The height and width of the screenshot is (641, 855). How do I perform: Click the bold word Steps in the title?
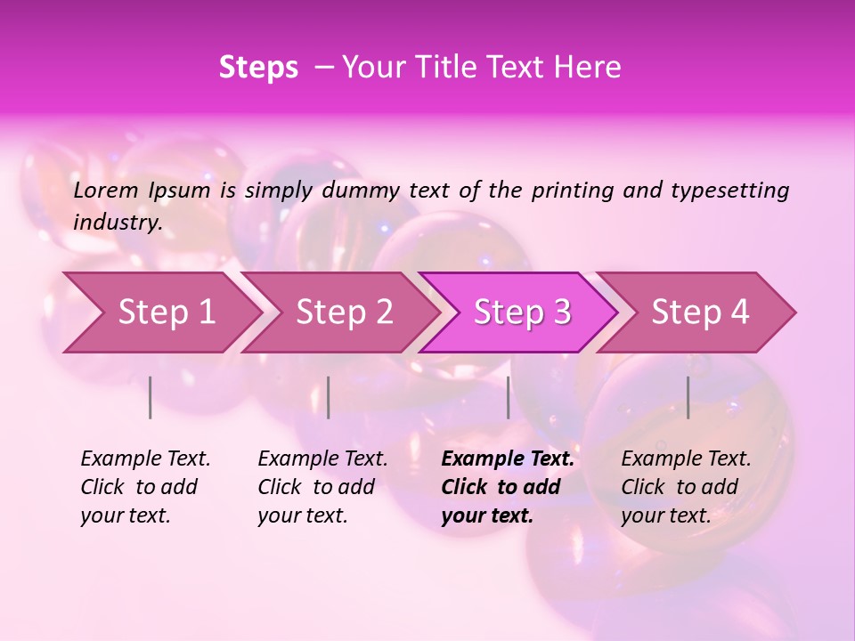[258, 68]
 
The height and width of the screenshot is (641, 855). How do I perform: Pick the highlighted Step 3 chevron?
[522, 312]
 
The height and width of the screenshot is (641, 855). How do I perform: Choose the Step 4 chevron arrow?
[700, 312]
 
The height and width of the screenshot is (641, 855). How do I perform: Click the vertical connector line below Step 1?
[151, 397]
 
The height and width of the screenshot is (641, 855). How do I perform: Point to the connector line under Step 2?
[329, 397]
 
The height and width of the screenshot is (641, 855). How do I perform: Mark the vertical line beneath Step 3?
[508, 397]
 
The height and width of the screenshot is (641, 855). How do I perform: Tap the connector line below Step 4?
[688, 397]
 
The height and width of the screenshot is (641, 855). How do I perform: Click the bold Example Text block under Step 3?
[507, 487]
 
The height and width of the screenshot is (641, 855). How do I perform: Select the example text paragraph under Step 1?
[145, 487]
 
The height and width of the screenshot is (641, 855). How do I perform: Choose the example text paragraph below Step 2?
[322, 487]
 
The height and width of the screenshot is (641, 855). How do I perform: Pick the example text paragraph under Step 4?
[686, 487]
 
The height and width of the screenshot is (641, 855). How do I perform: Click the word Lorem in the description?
[106, 190]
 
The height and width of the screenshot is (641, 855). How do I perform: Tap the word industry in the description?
[118, 222]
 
